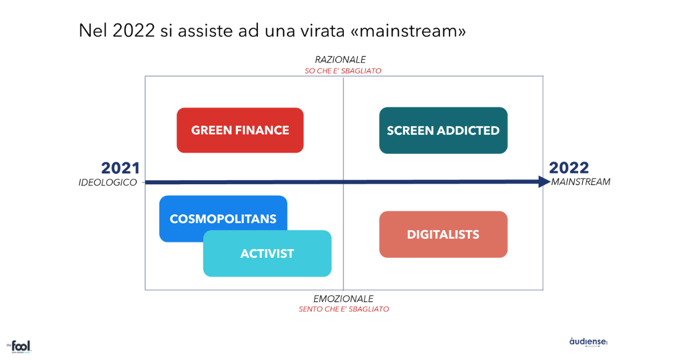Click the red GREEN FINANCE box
point(240,130)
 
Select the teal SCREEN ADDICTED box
point(443,130)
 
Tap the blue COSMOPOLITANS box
point(223,218)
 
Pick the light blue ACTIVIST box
point(268,254)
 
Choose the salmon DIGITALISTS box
point(443,234)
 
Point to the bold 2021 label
point(121,168)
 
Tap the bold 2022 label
point(569,168)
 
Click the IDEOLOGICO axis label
point(108,182)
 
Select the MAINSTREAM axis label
point(580,182)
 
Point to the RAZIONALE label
point(340,60)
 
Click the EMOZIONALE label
point(343,299)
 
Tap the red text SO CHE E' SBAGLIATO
point(343,71)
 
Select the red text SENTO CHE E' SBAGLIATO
point(343,309)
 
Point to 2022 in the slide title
point(133,30)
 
